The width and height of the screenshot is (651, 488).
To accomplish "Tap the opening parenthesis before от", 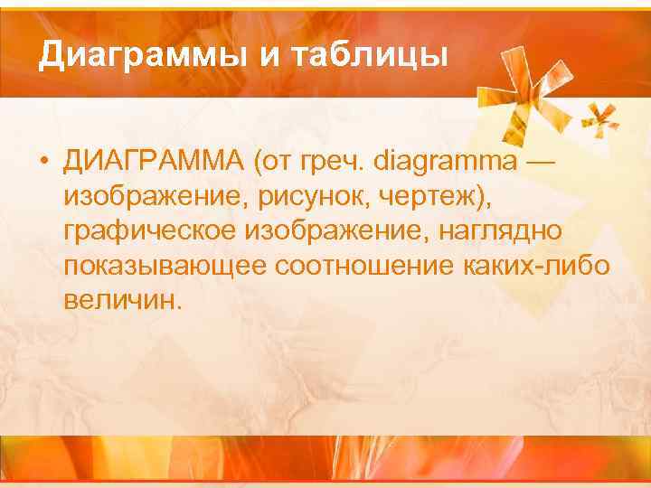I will coord(258,163).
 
